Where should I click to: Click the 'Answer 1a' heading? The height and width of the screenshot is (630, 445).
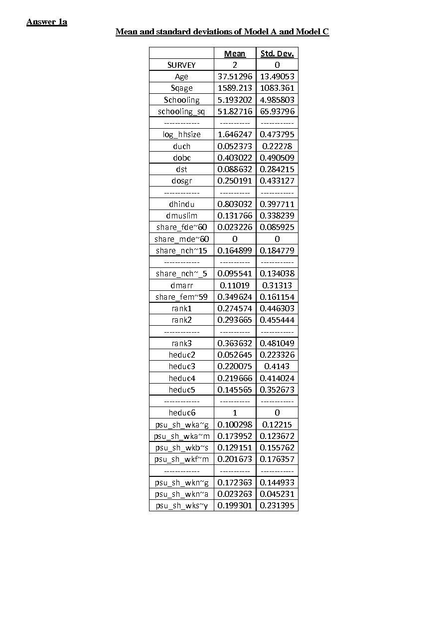click(47, 22)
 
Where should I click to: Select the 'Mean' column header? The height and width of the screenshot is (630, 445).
click(235, 53)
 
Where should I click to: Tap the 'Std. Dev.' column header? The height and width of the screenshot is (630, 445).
click(277, 53)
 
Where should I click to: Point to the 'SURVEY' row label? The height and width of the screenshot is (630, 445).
click(181, 65)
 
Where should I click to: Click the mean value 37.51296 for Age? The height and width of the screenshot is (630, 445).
click(235, 76)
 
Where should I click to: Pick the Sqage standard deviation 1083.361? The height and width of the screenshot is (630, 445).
click(277, 88)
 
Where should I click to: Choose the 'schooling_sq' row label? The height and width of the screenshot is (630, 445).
click(181, 111)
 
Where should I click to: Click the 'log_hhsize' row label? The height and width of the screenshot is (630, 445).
click(181, 134)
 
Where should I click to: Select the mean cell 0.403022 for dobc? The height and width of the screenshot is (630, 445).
click(235, 158)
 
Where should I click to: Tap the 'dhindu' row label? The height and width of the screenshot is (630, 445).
click(181, 204)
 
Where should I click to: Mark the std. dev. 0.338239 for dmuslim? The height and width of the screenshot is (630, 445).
click(277, 215)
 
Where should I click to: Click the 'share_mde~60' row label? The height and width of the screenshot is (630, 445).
click(181, 239)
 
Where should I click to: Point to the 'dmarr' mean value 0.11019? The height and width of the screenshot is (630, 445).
click(235, 285)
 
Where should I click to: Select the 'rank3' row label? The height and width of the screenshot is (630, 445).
click(181, 343)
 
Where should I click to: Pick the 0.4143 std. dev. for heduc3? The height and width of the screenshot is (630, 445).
click(277, 366)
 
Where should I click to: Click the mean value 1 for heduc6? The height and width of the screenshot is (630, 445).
click(235, 413)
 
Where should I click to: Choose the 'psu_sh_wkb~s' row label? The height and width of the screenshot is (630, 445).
click(181, 447)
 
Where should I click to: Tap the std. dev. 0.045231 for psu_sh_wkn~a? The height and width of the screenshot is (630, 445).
click(277, 494)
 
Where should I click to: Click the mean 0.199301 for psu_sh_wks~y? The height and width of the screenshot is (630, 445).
click(235, 505)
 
